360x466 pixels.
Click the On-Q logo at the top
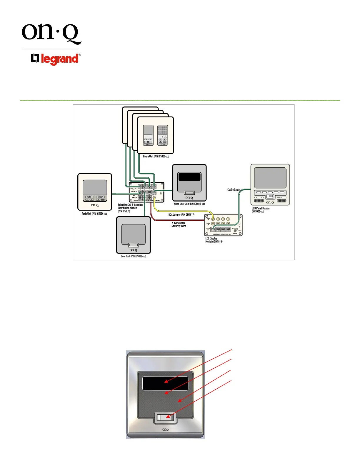[x=51, y=34]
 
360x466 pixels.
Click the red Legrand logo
[x=56, y=59]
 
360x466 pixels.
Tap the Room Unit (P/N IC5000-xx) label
[x=156, y=157]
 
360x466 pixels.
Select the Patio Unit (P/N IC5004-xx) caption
[x=94, y=214]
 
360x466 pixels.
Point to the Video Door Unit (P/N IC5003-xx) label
[x=189, y=204]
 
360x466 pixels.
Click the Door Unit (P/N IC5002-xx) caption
[x=133, y=256]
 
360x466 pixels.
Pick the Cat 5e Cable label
[x=233, y=190]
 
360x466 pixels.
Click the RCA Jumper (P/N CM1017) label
[x=181, y=215]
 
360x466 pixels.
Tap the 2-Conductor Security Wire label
[x=179, y=224]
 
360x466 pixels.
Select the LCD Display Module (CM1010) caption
[x=214, y=240]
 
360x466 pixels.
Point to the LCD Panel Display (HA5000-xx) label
[x=261, y=210]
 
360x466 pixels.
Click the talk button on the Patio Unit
[x=89, y=197]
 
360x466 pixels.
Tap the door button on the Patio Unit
[x=101, y=197]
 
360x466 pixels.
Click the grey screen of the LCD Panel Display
[x=270, y=178]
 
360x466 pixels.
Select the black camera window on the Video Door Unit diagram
[x=189, y=177]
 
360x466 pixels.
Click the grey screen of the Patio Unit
[x=95, y=187]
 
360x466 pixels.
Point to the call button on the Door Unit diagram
[x=134, y=245]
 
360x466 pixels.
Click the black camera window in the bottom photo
[x=165, y=383]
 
